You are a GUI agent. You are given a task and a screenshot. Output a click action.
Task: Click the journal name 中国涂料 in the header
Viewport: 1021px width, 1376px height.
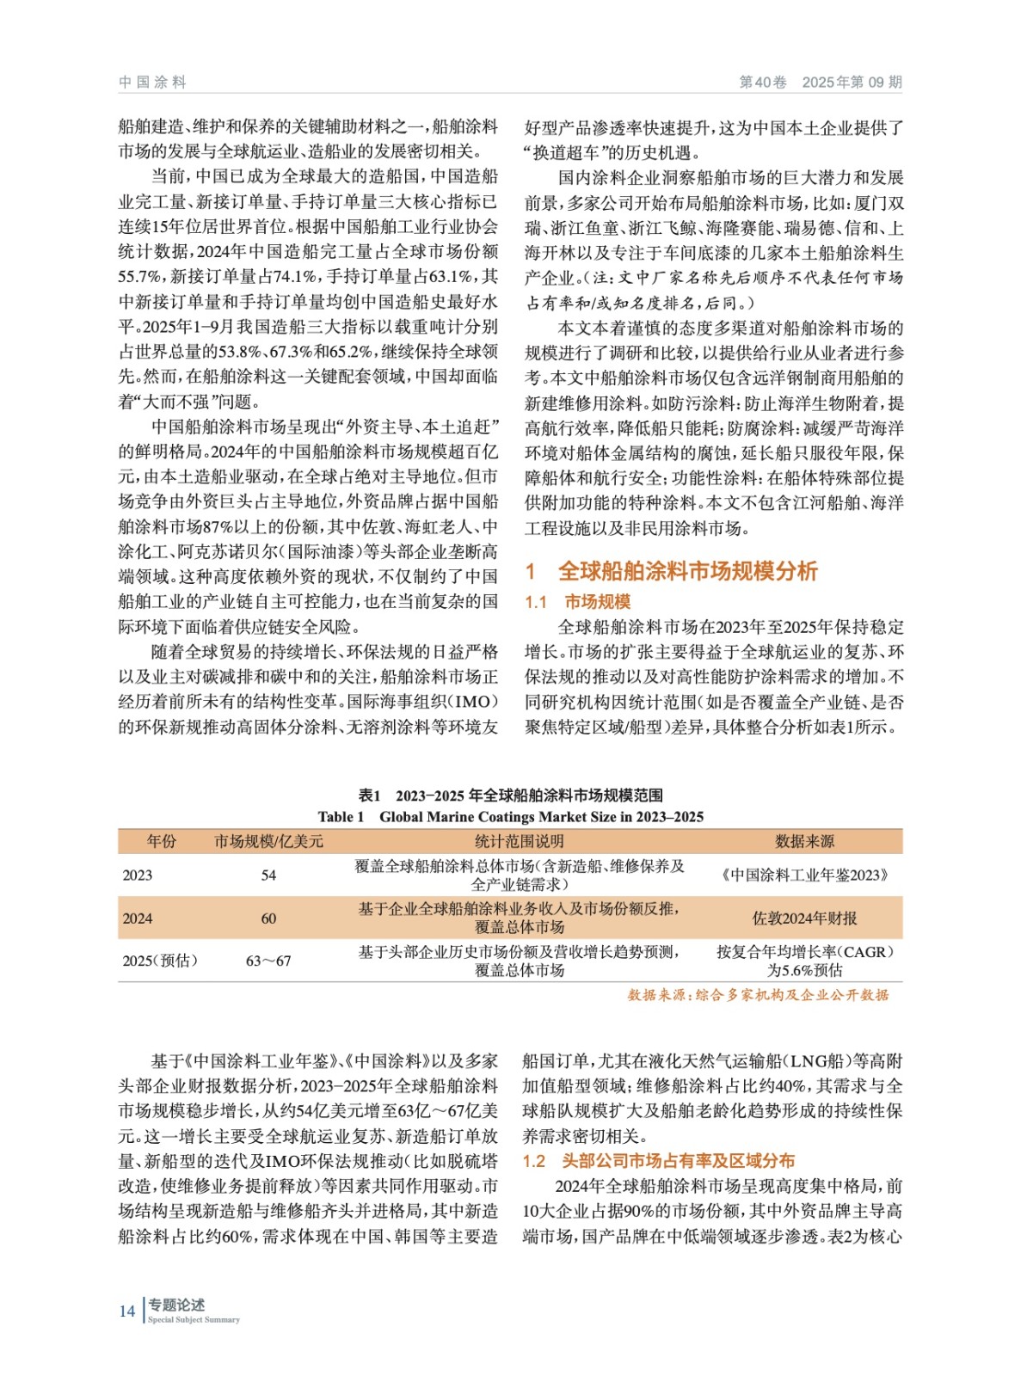tap(152, 83)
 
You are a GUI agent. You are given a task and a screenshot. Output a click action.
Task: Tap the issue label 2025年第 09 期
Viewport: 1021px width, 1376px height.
tap(852, 83)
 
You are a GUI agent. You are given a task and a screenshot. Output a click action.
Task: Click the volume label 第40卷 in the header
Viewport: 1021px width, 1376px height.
tap(763, 83)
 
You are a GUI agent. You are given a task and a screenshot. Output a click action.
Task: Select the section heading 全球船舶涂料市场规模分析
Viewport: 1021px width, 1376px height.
tap(687, 571)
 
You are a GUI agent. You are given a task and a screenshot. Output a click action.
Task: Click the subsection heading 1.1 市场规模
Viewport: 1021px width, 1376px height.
tap(578, 602)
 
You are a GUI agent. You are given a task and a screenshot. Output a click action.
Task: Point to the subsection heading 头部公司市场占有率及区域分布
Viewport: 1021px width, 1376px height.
tap(678, 1161)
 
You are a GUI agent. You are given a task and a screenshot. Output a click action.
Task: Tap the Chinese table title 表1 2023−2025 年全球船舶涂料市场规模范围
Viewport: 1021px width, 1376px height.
tap(510, 795)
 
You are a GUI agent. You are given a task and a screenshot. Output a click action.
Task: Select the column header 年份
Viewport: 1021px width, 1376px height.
tap(161, 841)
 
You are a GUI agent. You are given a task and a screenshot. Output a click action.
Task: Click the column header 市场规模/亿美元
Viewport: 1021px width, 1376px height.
tap(268, 841)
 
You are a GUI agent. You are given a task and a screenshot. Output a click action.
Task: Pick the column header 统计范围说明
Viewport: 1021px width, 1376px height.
tap(520, 841)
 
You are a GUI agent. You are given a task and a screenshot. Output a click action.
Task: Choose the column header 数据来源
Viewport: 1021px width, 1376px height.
tap(804, 841)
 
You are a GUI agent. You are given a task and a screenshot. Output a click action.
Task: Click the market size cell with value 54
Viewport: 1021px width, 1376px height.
tap(268, 875)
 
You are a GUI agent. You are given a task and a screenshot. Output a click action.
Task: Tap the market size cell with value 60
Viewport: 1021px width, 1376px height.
tap(268, 918)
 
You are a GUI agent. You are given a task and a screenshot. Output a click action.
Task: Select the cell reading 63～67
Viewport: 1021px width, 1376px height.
tap(268, 961)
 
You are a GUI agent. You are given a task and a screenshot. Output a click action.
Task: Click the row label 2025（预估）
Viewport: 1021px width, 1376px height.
tap(160, 961)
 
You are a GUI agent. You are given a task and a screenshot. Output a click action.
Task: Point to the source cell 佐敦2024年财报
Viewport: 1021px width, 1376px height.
tap(804, 918)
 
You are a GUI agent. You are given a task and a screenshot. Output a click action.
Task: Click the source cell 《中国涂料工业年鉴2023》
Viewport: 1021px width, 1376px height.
tap(804, 875)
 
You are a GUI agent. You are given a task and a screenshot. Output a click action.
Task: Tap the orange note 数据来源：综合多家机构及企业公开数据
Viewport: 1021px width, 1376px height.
tap(758, 995)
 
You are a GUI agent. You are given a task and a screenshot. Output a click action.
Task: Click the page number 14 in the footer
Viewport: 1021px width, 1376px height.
tap(127, 1311)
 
